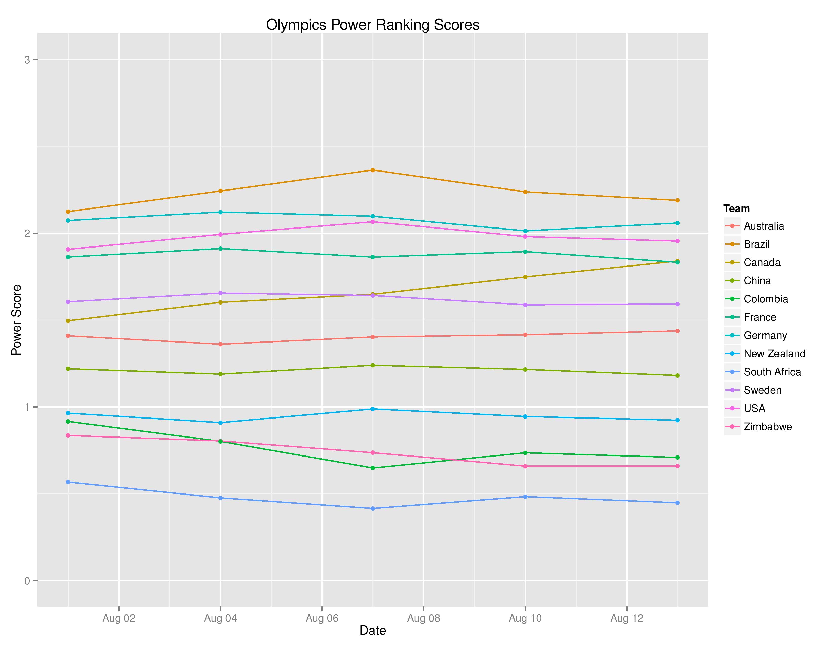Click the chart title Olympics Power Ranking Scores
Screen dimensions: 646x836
click(x=372, y=25)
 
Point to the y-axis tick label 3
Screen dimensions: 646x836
click(x=27, y=60)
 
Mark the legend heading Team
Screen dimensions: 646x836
click(x=736, y=208)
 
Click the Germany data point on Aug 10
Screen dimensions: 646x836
click(x=525, y=231)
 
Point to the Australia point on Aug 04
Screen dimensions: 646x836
click(x=220, y=344)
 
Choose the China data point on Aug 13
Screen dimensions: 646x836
click(x=677, y=376)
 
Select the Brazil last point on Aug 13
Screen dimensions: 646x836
click(x=677, y=200)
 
